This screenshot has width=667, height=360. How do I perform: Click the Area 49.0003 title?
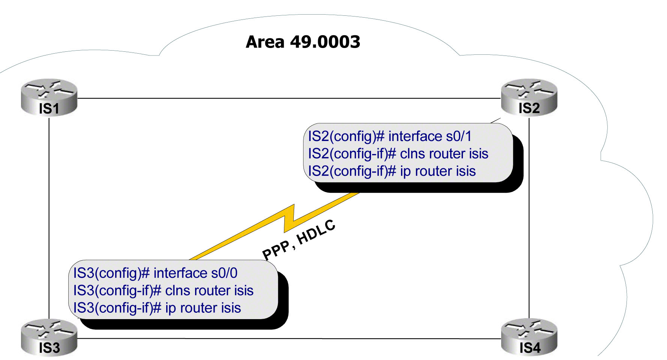(303, 42)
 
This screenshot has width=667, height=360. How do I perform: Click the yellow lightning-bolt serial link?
(289, 221)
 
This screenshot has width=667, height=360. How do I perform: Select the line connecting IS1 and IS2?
(289, 98)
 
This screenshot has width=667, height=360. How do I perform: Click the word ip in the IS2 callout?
(405, 171)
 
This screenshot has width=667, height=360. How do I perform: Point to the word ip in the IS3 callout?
(170, 308)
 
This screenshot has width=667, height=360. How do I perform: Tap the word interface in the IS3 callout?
(180, 273)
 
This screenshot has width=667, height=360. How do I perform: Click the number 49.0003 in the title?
(325, 42)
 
